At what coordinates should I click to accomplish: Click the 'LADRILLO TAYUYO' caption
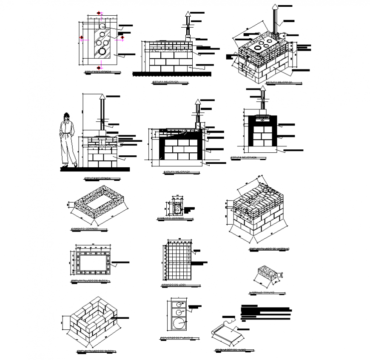pos(262,292)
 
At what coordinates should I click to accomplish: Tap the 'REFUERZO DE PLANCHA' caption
pos(176,338)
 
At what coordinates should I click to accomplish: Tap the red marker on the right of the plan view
pos(122,38)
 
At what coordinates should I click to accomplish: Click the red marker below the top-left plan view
pos(100,67)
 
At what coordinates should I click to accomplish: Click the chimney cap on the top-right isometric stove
pos(275,7)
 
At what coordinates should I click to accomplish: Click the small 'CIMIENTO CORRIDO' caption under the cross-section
pos(170,218)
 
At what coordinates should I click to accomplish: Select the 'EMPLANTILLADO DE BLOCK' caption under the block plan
pos(90,281)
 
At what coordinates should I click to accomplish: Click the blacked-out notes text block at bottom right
pos(266,312)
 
